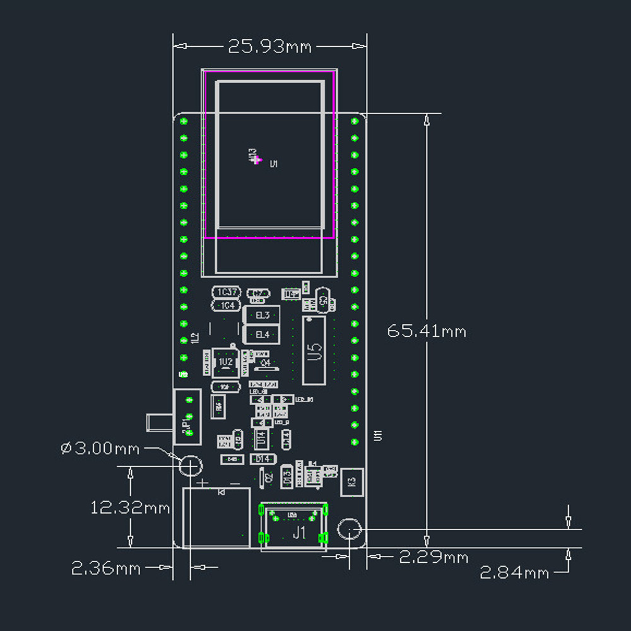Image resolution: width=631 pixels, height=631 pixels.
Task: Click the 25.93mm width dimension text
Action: tap(269, 47)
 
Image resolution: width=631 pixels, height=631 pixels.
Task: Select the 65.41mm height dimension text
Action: tap(427, 331)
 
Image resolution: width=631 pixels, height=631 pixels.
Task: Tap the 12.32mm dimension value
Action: tap(130, 507)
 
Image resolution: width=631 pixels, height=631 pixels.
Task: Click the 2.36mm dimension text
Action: tap(105, 568)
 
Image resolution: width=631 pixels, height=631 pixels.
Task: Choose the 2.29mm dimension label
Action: tap(435, 557)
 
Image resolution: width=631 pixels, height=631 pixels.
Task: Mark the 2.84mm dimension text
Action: tap(514, 573)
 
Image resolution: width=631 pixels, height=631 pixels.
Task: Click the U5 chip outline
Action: tap(314, 350)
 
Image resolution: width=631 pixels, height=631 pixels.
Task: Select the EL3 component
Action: tap(261, 315)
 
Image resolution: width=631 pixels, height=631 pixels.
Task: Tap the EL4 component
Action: tap(261, 334)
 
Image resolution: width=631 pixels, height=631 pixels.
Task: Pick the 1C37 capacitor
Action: tap(227, 292)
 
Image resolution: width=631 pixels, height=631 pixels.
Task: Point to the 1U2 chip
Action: tap(225, 362)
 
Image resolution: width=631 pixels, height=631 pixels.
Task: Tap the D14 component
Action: tap(262, 459)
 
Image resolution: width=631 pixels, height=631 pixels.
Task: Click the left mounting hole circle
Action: tap(189, 466)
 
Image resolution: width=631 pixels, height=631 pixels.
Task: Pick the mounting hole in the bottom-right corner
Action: tap(349, 529)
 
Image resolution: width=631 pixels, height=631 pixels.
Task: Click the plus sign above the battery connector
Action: tap(203, 483)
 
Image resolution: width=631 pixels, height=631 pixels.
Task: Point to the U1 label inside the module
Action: tap(274, 164)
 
